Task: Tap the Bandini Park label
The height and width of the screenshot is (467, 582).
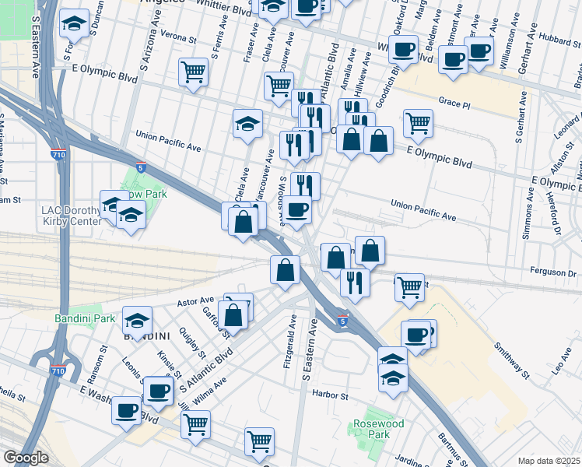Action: pyautogui.click(x=85, y=318)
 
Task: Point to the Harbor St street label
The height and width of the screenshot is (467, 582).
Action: pyautogui.click(x=329, y=395)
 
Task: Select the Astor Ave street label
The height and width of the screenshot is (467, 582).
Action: pyautogui.click(x=195, y=300)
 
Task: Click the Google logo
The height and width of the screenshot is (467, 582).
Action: pyautogui.click(x=26, y=458)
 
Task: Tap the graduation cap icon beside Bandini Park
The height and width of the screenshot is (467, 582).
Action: pyautogui.click(x=137, y=319)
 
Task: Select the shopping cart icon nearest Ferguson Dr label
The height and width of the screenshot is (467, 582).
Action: pyautogui.click(x=408, y=286)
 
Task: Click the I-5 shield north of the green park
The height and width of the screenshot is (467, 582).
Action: pyautogui.click(x=140, y=167)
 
